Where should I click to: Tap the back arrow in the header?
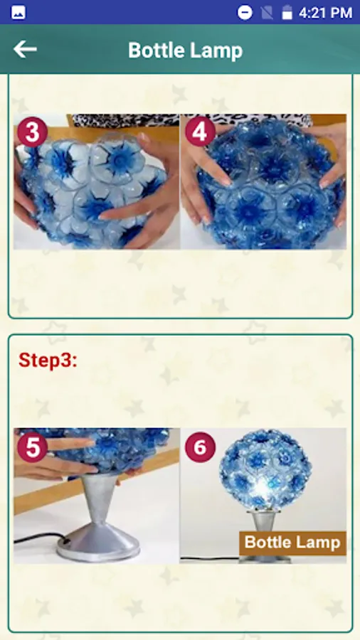(x=25, y=49)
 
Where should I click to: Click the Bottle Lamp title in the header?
(x=185, y=50)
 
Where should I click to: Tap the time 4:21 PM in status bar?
(x=325, y=13)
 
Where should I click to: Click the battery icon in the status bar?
(x=287, y=12)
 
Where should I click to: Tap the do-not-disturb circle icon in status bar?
(x=245, y=13)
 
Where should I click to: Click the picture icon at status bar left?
(x=18, y=13)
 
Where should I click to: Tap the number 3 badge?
(x=32, y=132)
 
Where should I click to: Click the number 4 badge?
(x=200, y=132)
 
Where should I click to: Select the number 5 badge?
(x=32, y=447)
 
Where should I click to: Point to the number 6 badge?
(x=200, y=447)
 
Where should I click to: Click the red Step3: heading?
(x=48, y=361)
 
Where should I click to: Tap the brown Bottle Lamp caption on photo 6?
(x=292, y=543)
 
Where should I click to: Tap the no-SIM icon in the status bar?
(x=267, y=13)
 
